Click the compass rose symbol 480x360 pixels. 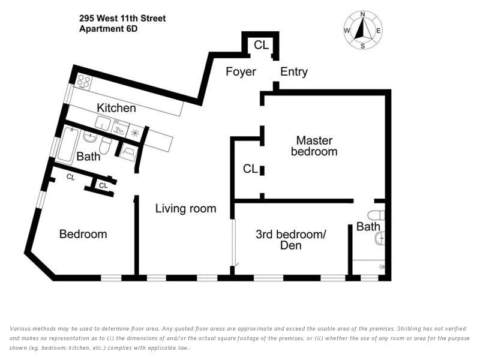click(362, 30)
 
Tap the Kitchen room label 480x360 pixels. click(116, 108)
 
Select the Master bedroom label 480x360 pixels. click(314, 146)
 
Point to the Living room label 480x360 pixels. click(185, 209)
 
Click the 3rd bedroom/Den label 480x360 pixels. click(290, 239)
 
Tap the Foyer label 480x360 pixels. click(241, 72)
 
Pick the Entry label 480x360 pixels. click(294, 72)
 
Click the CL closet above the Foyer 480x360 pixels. click(261, 45)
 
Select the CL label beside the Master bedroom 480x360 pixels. click(250, 169)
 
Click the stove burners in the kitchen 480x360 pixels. click(83, 82)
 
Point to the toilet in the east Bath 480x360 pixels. click(376, 215)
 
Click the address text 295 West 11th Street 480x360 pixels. click(122, 19)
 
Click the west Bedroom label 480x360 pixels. click(83, 234)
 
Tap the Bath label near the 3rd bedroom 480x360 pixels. click(368, 227)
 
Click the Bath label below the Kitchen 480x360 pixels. click(88, 157)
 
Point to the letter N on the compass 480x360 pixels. click(362, 14)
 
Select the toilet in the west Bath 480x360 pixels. click(105, 145)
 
